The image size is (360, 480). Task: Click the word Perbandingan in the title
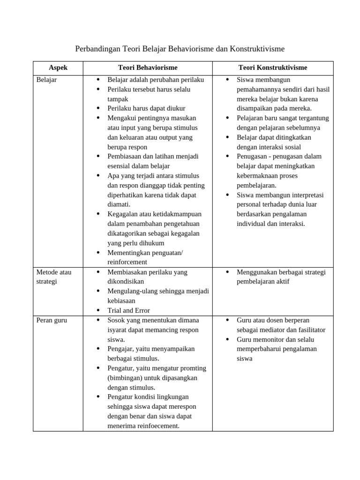click(97, 49)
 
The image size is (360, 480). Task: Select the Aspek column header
click(58, 67)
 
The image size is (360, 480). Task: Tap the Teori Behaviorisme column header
click(148, 67)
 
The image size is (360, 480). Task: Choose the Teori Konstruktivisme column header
click(273, 67)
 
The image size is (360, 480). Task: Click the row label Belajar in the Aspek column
click(46, 80)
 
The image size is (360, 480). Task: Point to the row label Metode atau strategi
click(53, 277)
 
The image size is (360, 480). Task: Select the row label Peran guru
click(52, 320)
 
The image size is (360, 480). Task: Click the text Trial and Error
click(129, 310)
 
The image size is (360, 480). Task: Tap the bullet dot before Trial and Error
click(98, 310)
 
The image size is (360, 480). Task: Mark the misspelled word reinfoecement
click(157, 426)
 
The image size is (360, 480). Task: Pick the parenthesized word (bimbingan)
click(127, 378)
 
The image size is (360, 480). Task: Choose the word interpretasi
click(307, 195)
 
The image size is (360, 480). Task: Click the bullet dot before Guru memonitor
click(227, 339)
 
